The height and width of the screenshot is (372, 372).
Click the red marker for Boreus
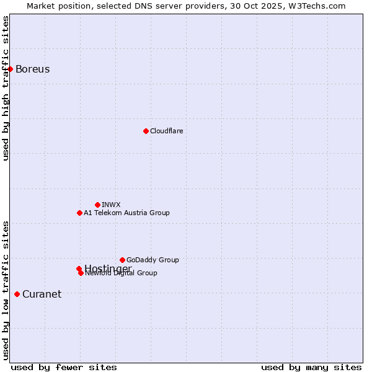(11, 69)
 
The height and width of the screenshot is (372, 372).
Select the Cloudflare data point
(146, 131)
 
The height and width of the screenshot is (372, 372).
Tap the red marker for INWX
(97, 205)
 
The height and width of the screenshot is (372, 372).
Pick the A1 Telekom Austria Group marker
(79, 213)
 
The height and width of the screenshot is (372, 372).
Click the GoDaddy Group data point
(122, 260)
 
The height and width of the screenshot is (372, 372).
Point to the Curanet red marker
(17, 294)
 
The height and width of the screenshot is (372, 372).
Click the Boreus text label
(32, 69)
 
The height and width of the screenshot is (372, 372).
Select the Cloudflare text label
(166, 131)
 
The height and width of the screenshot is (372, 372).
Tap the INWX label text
(111, 205)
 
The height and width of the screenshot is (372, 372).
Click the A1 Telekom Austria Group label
(126, 213)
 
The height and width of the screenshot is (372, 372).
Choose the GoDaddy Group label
(153, 260)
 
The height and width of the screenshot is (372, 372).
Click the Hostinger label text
(108, 268)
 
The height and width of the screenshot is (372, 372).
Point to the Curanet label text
(42, 294)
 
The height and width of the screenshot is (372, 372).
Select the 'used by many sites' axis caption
(311, 368)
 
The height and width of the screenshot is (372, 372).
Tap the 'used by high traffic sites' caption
(6, 88)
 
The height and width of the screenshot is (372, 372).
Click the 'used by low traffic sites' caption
(6, 290)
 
